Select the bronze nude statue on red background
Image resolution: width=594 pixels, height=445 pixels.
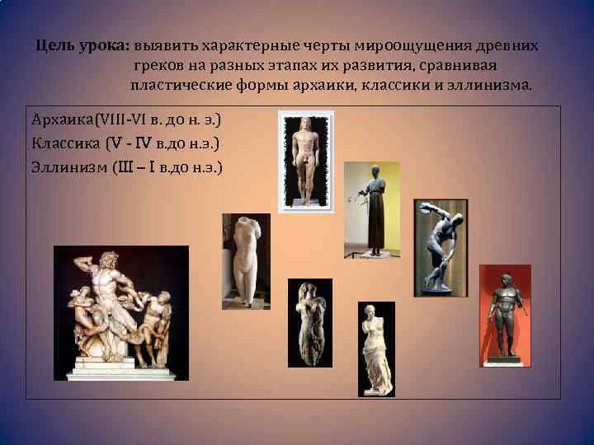505,315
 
